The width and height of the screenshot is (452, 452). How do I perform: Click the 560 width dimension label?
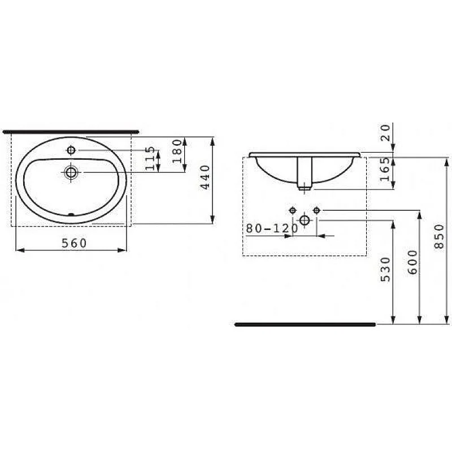(x=74, y=243)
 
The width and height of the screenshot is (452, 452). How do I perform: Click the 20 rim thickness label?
(x=385, y=133)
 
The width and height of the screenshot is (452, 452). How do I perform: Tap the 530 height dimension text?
(x=385, y=269)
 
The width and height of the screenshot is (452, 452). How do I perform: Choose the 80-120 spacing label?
(x=272, y=229)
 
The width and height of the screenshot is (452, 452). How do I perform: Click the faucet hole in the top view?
(x=71, y=150)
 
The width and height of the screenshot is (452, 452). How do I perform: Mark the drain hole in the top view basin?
(x=71, y=172)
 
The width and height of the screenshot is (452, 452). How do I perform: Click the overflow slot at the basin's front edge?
(x=71, y=214)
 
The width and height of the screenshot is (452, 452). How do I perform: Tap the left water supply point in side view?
(x=293, y=210)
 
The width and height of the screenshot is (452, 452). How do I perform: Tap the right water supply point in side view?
(x=316, y=210)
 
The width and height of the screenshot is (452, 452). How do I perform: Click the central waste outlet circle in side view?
(x=305, y=220)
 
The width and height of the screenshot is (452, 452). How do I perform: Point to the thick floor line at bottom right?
(x=305, y=324)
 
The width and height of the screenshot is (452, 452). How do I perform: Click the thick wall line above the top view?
(x=71, y=131)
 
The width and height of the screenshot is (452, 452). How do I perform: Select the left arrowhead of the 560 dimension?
(x=17, y=250)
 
